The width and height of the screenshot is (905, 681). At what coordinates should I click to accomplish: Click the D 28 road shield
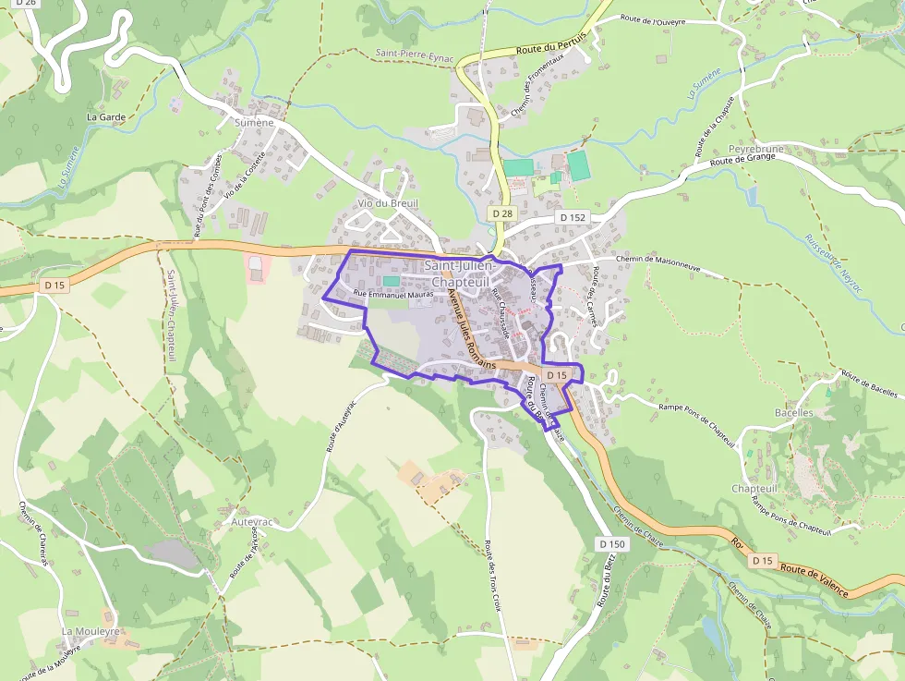click(x=502, y=213)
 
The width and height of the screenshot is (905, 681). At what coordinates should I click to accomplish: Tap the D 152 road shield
click(x=573, y=217)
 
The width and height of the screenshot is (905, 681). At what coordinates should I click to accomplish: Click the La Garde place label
click(x=105, y=117)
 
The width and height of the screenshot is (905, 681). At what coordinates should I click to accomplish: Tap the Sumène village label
click(x=254, y=122)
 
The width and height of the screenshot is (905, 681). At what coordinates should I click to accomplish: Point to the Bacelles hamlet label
click(x=794, y=412)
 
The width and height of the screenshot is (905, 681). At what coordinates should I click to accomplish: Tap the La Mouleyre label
click(x=90, y=631)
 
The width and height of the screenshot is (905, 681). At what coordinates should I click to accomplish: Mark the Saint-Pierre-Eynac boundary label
click(x=415, y=55)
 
